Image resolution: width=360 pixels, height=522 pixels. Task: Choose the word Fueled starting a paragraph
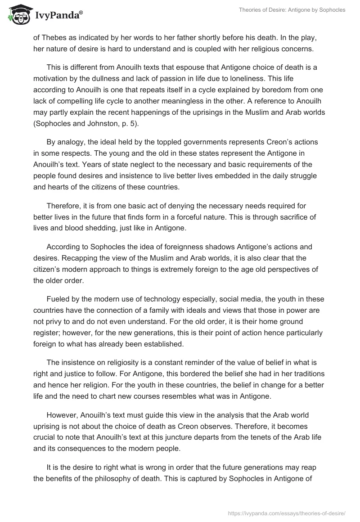coord(58,299)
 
